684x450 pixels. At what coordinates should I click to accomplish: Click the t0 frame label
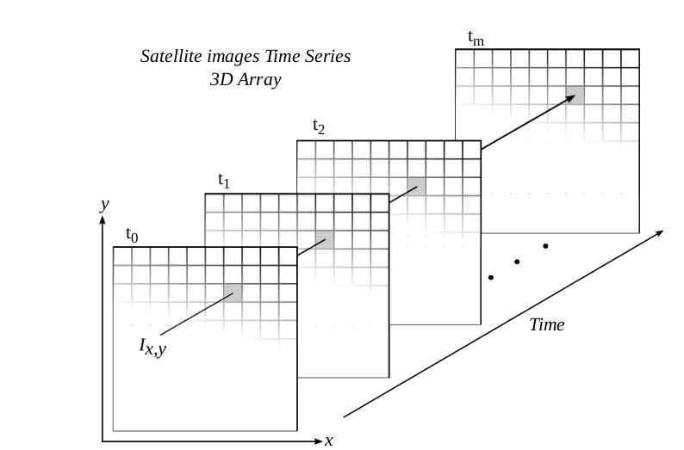(132, 233)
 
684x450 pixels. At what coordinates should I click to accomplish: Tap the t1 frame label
(224, 181)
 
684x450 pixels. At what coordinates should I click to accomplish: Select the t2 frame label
(319, 127)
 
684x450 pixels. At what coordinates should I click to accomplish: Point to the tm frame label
(475, 37)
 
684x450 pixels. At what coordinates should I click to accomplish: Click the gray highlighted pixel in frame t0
(233, 293)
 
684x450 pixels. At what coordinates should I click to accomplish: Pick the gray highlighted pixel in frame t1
(324, 240)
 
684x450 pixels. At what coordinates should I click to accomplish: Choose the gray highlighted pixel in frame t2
(417, 186)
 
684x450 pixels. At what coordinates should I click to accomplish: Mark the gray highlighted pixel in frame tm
(575, 96)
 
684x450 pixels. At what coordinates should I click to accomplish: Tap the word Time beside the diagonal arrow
(547, 324)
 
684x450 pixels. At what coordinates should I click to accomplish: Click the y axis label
(104, 204)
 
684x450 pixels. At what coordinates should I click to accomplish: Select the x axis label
(329, 441)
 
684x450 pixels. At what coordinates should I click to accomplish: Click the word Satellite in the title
(170, 57)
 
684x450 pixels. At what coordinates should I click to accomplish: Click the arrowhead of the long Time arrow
(659, 233)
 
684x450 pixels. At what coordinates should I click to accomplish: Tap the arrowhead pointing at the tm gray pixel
(569, 98)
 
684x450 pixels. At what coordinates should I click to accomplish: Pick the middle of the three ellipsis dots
(518, 262)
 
